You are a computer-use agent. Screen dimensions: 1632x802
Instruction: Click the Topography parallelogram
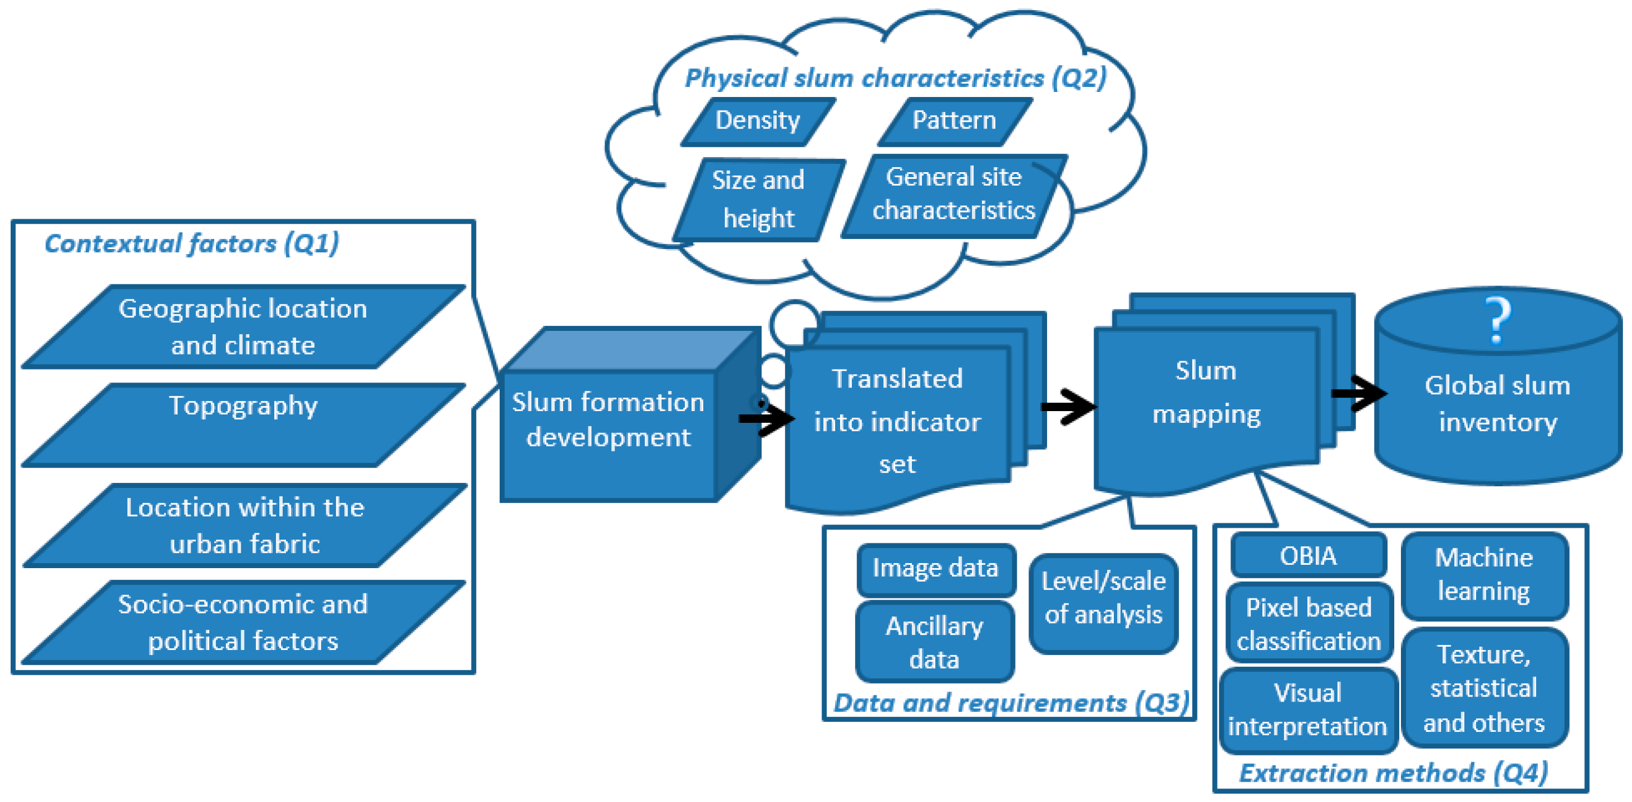point(244,425)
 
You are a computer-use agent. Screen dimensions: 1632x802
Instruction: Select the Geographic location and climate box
point(244,327)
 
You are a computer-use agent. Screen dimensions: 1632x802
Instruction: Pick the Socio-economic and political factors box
point(244,622)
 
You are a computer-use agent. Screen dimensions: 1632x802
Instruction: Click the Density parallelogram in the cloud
point(758,122)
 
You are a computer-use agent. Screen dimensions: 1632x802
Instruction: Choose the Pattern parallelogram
point(955,122)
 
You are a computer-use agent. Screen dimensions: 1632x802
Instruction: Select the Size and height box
point(759,200)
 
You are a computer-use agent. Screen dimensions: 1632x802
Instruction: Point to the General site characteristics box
point(954,196)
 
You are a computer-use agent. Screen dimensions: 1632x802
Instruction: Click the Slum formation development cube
point(630,415)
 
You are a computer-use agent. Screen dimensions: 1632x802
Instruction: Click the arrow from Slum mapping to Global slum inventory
point(1358,393)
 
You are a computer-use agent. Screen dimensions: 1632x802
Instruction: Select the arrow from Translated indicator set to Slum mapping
point(1068,406)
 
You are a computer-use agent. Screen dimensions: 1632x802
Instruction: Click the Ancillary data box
point(934,642)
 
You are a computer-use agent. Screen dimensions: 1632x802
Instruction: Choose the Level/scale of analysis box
point(1104,602)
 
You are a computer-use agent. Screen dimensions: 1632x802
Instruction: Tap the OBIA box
point(1308,556)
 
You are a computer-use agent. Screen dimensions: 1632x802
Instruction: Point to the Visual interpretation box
point(1308,710)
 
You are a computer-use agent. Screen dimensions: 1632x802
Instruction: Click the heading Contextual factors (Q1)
point(192,244)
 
